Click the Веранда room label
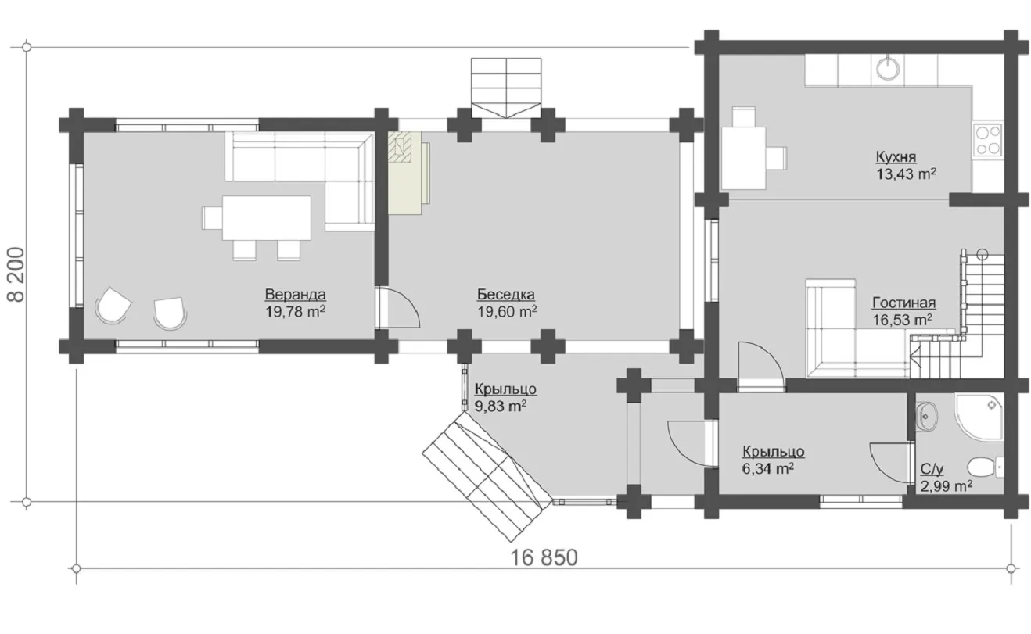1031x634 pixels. tap(295, 294)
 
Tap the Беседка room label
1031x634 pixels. tap(506, 294)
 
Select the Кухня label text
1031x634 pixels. tap(896, 157)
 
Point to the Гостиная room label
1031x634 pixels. tap(904, 303)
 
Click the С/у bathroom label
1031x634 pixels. tap(932, 469)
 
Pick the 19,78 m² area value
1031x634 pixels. tap(295, 311)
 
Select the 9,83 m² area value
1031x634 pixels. tap(501, 406)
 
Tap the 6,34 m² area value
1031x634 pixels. tap(767, 468)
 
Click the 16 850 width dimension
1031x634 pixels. tap(544, 557)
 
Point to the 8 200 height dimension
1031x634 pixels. tap(16, 274)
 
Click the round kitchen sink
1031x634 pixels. tap(888, 70)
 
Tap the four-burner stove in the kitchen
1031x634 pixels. tap(988, 140)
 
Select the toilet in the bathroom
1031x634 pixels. tap(986, 467)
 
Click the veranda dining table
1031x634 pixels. tap(267, 217)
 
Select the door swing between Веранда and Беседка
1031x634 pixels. tap(399, 307)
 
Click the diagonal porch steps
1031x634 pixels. tap(487, 477)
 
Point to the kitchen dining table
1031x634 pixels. tap(743, 158)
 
